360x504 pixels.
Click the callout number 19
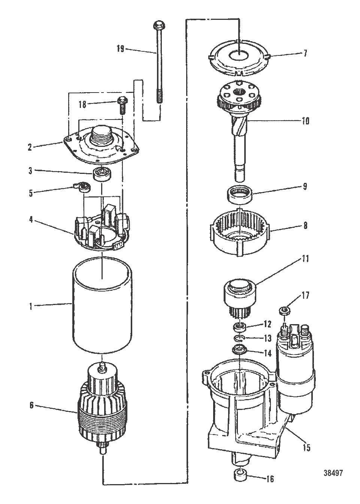[x=120, y=49]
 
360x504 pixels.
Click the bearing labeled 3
[x=100, y=175]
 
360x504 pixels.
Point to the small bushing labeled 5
[x=82, y=187]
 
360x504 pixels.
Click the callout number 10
[x=305, y=121]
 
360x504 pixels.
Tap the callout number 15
[x=307, y=447]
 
